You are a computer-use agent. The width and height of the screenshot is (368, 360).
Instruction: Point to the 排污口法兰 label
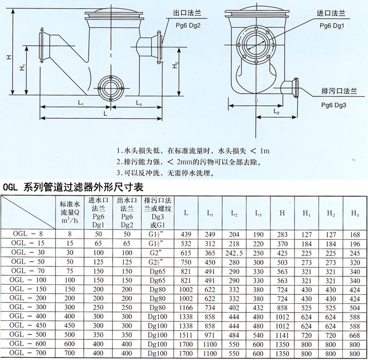click(339, 91)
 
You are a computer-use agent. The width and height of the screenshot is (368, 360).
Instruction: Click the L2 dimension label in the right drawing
click(276, 112)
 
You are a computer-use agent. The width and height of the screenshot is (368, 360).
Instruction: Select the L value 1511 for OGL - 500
click(186, 335)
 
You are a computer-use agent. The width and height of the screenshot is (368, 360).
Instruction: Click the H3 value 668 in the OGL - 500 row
click(354, 335)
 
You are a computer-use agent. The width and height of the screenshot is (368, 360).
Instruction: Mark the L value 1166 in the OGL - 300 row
click(186, 308)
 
